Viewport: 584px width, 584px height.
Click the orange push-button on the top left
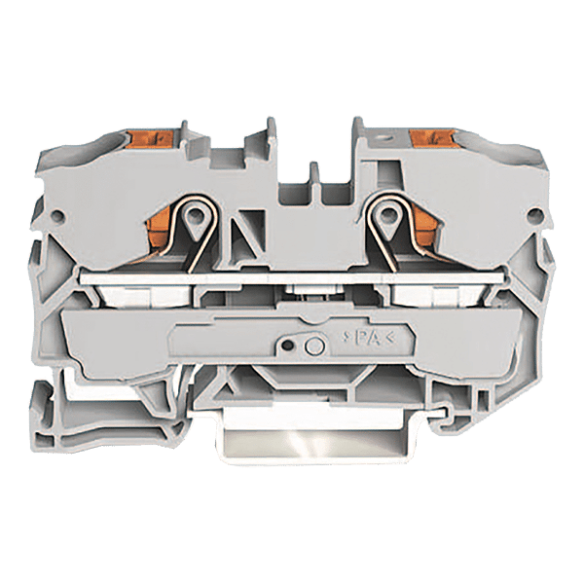pyautogui.click(x=150, y=139)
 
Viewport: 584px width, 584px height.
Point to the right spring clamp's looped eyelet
pyautogui.click(x=388, y=216)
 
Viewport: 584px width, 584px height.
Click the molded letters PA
pyautogui.click(x=368, y=338)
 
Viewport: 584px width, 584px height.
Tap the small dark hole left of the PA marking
pyautogui.click(x=287, y=346)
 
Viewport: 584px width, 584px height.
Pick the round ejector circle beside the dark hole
pyautogui.click(x=314, y=347)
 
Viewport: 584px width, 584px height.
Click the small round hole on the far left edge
pyautogui.click(x=57, y=216)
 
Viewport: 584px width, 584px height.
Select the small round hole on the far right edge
pyautogui.click(x=534, y=215)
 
